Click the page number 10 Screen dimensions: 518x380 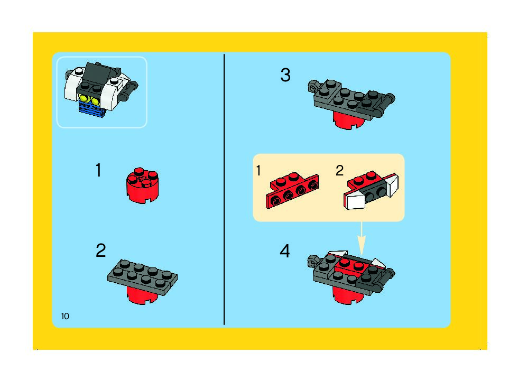(x=65, y=316)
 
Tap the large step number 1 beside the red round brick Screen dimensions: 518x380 (x=98, y=171)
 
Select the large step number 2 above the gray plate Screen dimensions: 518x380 (x=101, y=251)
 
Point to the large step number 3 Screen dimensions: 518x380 (x=285, y=75)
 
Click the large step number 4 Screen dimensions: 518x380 (x=285, y=251)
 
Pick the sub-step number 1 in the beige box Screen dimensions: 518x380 (x=258, y=171)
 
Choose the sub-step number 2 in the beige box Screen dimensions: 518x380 (x=339, y=171)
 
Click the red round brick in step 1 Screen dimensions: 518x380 (x=142, y=186)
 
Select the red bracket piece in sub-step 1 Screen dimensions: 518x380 (x=292, y=191)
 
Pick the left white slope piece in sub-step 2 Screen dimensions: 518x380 (x=355, y=201)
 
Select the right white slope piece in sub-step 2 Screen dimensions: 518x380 (x=392, y=185)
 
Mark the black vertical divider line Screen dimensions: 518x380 (x=224, y=189)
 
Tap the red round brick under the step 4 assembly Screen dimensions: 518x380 (x=348, y=295)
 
